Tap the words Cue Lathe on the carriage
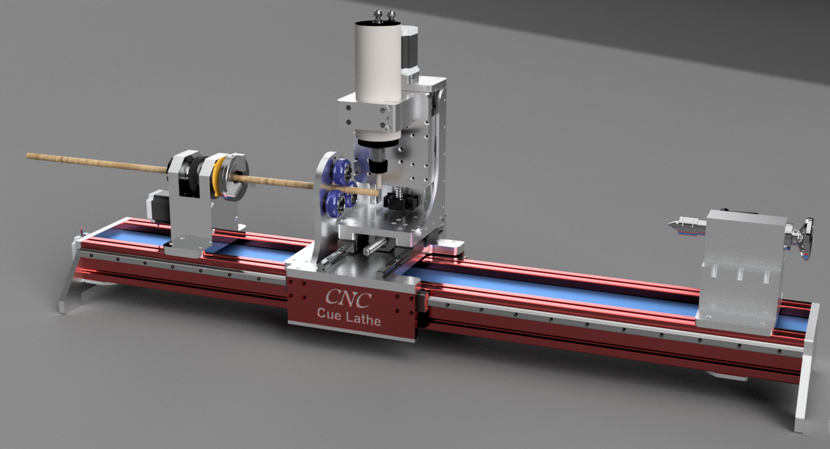point(348,319)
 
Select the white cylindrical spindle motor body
point(377,58)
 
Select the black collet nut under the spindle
point(379,167)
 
